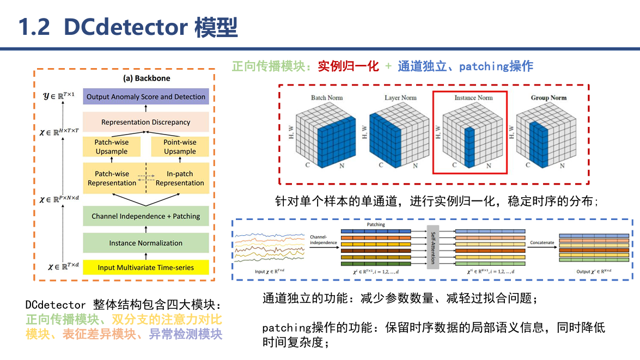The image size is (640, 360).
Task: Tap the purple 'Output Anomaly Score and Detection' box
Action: coord(146,97)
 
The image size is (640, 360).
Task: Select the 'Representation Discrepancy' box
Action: coord(146,122)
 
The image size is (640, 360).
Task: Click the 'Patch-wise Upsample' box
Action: coord(112,147)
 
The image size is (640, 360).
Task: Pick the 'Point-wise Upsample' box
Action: coord(180,147)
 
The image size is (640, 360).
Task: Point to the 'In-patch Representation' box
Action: coord(180,179)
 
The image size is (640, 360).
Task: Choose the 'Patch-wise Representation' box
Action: coord(112,179)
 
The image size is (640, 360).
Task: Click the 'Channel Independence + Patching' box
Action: coord(146,216)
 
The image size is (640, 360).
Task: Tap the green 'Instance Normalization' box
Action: coord(146,243)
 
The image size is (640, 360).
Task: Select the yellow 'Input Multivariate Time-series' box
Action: coord(146,267)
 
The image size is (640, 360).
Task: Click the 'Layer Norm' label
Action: coord(400,98)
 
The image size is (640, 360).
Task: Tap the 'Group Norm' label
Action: coord(548,98)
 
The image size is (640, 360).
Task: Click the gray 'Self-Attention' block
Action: coord(433,247)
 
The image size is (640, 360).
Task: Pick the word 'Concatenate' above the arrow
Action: coord(542,242)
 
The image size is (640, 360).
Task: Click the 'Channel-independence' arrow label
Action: coord(322,240)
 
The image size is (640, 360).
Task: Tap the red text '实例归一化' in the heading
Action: coord(348,66)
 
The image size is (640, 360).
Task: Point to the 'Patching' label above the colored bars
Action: coord(375,224)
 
